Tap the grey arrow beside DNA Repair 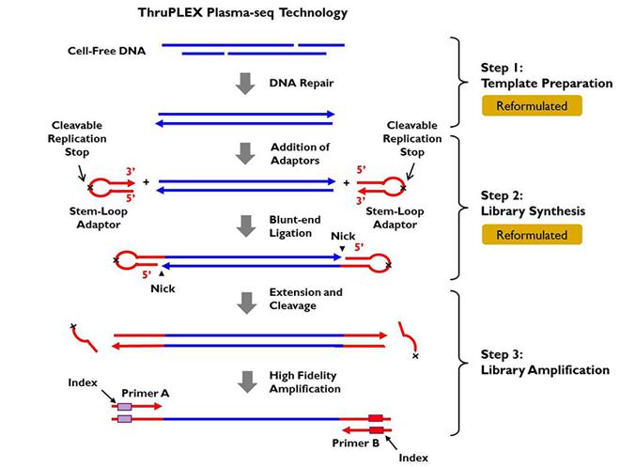(246, 84)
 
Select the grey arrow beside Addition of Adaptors (246, 152)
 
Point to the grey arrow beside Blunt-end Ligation (246, 226)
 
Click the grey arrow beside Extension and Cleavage (246, 301)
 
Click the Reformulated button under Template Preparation (532, 106)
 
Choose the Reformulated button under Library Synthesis (532, 235)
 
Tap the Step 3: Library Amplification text (532, 363)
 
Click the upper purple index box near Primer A (124, 407)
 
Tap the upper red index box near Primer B (376, 418)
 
